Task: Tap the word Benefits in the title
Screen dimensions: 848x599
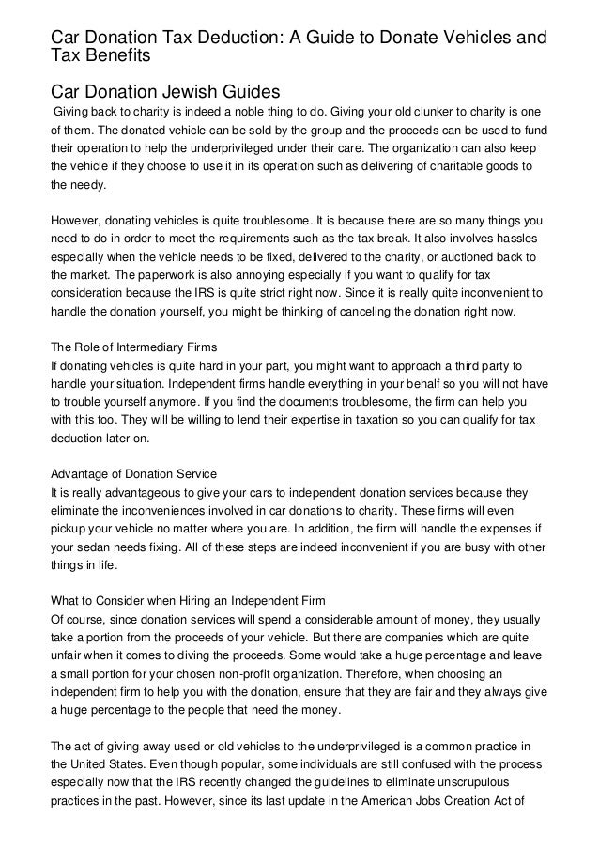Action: [x=115, y=57]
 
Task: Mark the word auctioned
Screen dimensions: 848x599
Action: [x=473, y=257]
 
